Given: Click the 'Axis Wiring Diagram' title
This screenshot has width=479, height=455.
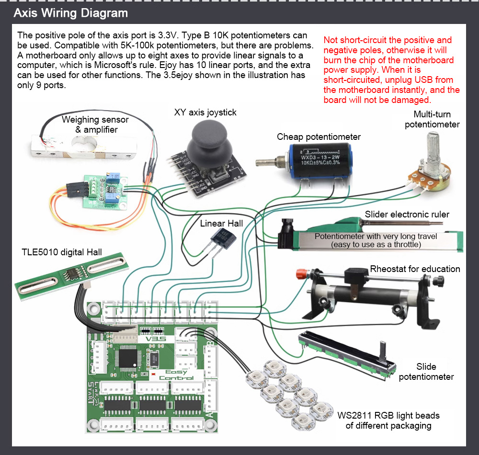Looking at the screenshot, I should (x=70, y=13).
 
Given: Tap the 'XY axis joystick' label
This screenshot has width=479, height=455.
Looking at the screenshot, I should (x=205, y=113).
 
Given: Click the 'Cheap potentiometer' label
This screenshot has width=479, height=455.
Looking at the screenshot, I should (x=319, y=137).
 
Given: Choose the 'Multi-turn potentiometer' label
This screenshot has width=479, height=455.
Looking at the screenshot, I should (x=432, y=119).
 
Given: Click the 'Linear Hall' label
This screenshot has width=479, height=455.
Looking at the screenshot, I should (x=221, y=223).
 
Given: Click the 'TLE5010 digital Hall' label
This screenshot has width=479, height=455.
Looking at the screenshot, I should (x=62, y=252).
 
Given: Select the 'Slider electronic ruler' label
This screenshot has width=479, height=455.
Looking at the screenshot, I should (x=407, y=214).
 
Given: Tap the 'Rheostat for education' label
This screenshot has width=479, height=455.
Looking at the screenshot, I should (x=415, y=269).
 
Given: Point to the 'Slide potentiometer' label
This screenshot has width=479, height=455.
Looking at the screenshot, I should (x=426, y=372).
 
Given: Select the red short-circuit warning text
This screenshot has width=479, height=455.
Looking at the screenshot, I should (x=391, y=70).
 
